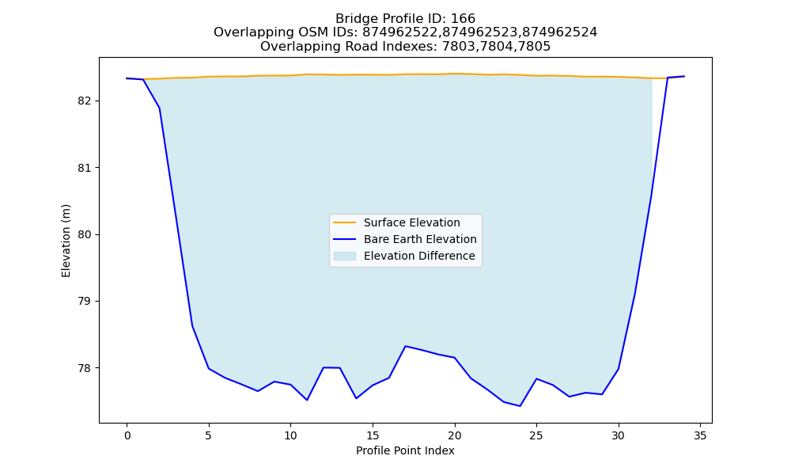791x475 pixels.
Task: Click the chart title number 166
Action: coord(463,19)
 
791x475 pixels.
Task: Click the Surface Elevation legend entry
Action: coord(396,222)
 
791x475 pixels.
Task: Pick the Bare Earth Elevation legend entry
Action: coord(404,239)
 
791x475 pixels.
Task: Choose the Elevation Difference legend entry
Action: coord(404,256)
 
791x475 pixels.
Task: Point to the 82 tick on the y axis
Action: coord(84,101)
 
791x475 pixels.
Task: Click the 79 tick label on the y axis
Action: coord(84,302)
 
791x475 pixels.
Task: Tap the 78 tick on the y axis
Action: coord(84,368)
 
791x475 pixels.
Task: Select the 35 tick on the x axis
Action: coord(700,435)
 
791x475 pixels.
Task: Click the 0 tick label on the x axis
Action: coord(127,435)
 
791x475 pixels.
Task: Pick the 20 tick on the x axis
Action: coord(455,435)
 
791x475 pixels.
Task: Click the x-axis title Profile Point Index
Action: coord(405,450)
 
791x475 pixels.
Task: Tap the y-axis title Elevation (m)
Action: coord(66,241)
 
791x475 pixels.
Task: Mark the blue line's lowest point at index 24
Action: coord(520,406)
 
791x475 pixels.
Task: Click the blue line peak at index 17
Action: coord(406,346)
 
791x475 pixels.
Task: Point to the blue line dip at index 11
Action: coord(307,400)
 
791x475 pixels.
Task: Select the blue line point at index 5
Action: coord(209,368)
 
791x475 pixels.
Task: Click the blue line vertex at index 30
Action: coord(619,369)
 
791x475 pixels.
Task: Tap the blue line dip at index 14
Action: coord(356,398)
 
